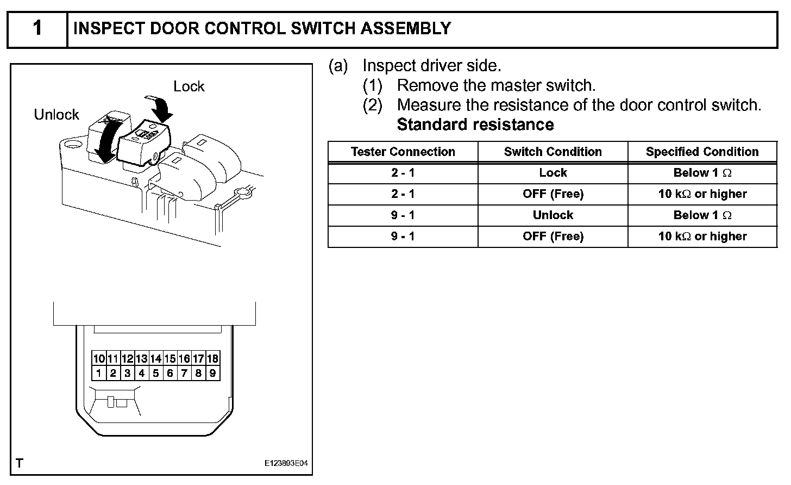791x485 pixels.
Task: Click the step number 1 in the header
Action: (37, 28)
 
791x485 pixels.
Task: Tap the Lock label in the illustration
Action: (189, 86)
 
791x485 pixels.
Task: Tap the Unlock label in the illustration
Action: (56, 115)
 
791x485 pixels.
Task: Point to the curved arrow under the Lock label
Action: (160, 107)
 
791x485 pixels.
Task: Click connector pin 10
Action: (99, 359)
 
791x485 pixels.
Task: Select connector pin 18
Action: (213, 359)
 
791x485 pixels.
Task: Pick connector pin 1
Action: (99, 373)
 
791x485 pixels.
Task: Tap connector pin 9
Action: (213, 373)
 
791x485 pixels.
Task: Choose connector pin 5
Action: (156, 373)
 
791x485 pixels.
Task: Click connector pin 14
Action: (156, 359)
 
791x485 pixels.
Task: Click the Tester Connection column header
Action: (403, 152)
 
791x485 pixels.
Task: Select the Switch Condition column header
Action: (553, 152)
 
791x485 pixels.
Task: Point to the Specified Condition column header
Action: (702, 152)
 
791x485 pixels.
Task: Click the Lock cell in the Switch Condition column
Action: (553, 173)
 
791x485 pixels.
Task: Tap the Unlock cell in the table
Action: (553, 215)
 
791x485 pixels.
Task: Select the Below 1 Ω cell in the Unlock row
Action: (702, 215)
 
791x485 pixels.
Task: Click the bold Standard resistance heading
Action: (475, 125)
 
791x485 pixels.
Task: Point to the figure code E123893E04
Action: (286, 464)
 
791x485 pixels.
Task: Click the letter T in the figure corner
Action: (20, 463)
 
